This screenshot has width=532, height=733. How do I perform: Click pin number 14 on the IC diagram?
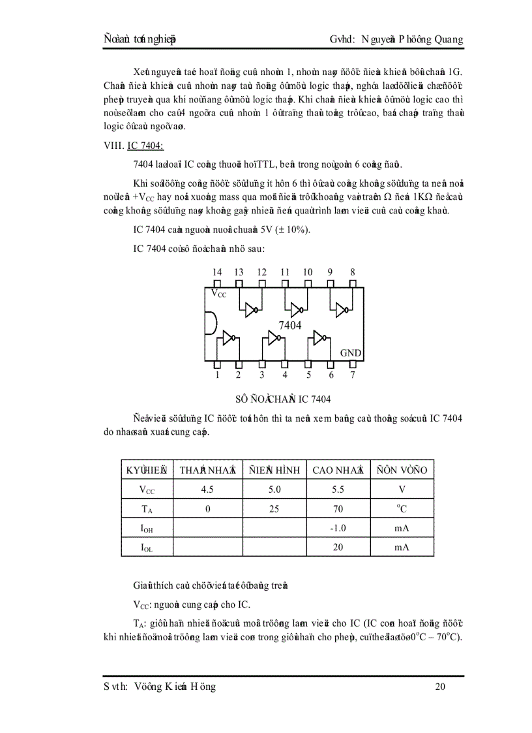tap(217, 272)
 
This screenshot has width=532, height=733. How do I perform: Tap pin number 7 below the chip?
tap(353, 375)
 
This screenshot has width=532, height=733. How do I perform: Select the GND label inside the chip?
tap(351, 353)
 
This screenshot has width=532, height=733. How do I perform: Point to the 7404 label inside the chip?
tap(290, 325)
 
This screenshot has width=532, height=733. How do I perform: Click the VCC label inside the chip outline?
tap(218, 294)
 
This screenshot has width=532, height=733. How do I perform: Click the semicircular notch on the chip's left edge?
tap(210, 324)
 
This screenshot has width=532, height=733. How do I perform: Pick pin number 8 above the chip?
tap(353, 272)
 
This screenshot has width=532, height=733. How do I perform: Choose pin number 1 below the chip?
tap(217, 375)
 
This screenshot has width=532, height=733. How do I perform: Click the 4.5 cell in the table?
tap(207, 489)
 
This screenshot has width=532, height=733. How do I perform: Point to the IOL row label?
tap(147, 548)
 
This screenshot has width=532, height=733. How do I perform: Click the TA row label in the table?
tap(147, 509)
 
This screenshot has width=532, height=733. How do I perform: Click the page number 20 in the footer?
tap(440, 686)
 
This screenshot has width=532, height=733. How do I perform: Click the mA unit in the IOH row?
tap(402, 528)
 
